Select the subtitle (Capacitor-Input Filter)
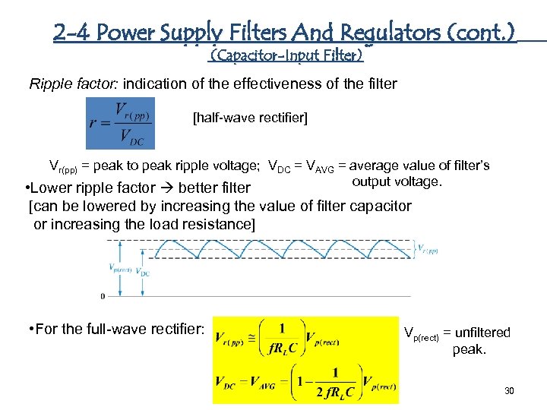286,55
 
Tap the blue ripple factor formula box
120,124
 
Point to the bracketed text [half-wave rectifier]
251,118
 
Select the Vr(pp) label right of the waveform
428,248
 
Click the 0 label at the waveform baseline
103,295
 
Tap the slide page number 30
509,390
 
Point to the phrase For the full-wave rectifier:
115,330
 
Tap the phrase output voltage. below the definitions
396,181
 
